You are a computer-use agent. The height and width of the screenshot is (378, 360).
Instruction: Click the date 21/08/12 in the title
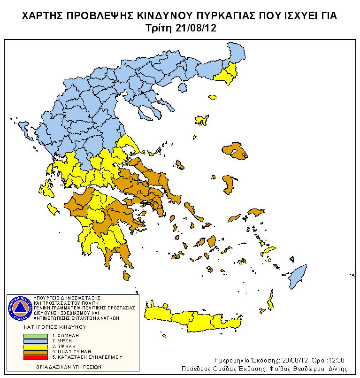click(197, 28)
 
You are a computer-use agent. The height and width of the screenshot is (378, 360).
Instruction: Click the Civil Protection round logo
click(20, 308)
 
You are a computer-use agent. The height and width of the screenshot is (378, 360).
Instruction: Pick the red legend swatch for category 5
click(35, 358)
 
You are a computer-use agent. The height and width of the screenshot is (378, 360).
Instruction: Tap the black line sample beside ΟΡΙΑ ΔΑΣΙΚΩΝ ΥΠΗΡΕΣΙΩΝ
click(29, 367)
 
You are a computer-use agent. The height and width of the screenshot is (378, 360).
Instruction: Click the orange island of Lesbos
click(235, 152)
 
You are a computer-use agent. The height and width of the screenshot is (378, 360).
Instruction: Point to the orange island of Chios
click(228, 184)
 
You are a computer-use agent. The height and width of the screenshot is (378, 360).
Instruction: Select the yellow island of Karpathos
click(270, 299)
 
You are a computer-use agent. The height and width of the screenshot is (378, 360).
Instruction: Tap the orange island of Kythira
click(126, 276)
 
